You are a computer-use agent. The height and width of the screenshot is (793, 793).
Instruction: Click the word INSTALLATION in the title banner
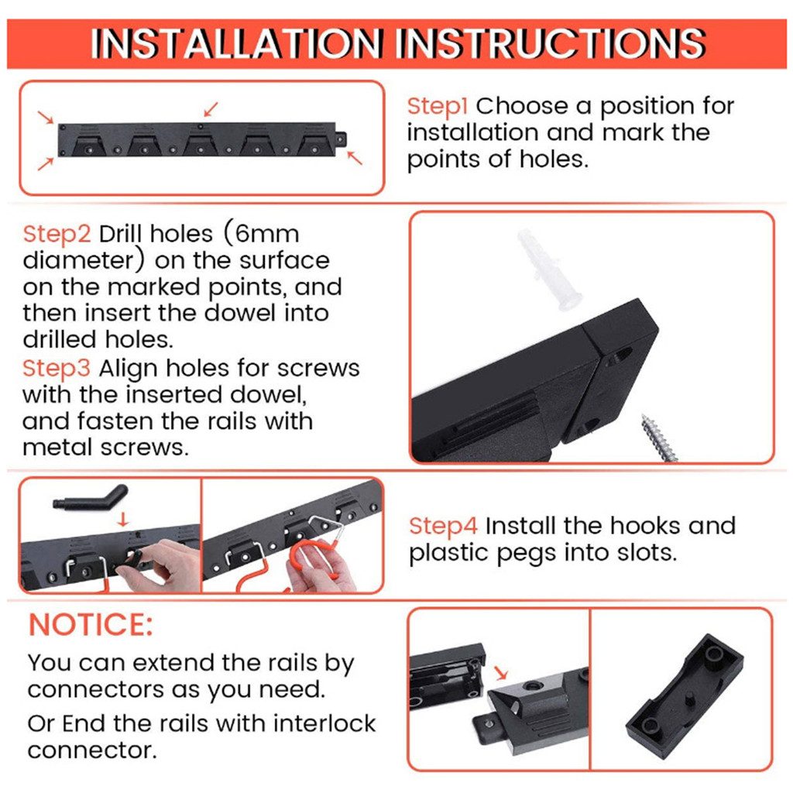(237, 44)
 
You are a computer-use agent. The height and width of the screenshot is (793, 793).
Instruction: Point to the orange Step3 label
(57, 367)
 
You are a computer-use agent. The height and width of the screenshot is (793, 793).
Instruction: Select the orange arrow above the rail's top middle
(211, 107)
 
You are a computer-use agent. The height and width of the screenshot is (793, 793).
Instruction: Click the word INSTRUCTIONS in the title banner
(548, 44)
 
